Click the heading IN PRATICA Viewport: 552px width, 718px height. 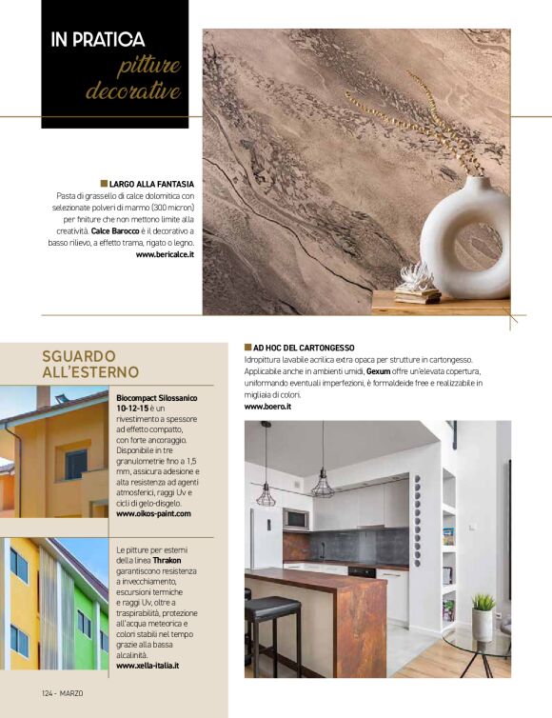[x=98, y=40]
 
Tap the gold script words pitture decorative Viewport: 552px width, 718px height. [x=135, y=80]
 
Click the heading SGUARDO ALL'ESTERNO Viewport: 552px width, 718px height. [x=90, y=363]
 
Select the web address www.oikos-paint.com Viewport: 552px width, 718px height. [x=153, y=514]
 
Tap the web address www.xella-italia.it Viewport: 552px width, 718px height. [x=148, y=666]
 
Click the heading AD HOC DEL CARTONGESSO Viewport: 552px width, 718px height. [x=304, y=349]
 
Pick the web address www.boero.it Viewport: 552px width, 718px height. [x=267, y=407]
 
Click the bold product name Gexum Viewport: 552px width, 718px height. [x=380, y=371]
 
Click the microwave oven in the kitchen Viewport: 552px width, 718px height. [x=296, y=519]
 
